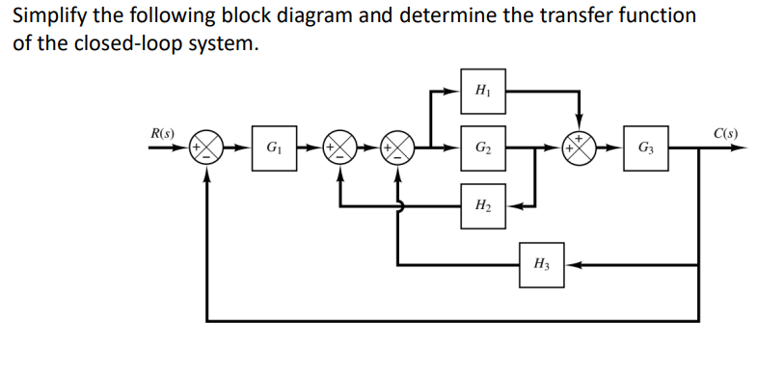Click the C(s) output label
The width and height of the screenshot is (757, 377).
click(x=724, y=132)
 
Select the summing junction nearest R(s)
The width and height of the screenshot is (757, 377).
click(x=206, y=149)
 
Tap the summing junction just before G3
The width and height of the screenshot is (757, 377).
click(x=580, y=149)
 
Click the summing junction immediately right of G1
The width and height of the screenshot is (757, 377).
click(x=339, y=149)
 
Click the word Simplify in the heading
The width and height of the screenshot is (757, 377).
click(x=47, y=16)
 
